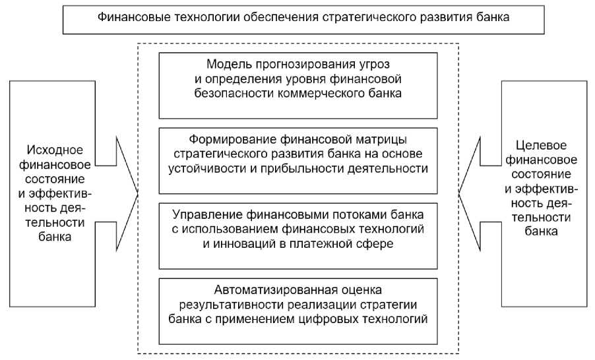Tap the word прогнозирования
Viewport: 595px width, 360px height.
tap(296, 65)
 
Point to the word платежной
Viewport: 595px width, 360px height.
tap(332, 244)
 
